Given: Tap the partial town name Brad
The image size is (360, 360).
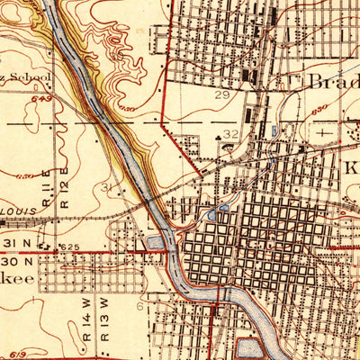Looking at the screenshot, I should pyautogui.click(x=333, y=81).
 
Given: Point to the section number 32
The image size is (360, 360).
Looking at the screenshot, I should pyautogui.click(x=231, y=134).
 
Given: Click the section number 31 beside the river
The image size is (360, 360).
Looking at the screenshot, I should pyautogui.click(x=110, y=186).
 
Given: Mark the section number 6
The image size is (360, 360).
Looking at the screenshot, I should pyautogui.click(x=139, y=307).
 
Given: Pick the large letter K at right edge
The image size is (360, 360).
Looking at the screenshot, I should pyautogui.click(x=351, y=168).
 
